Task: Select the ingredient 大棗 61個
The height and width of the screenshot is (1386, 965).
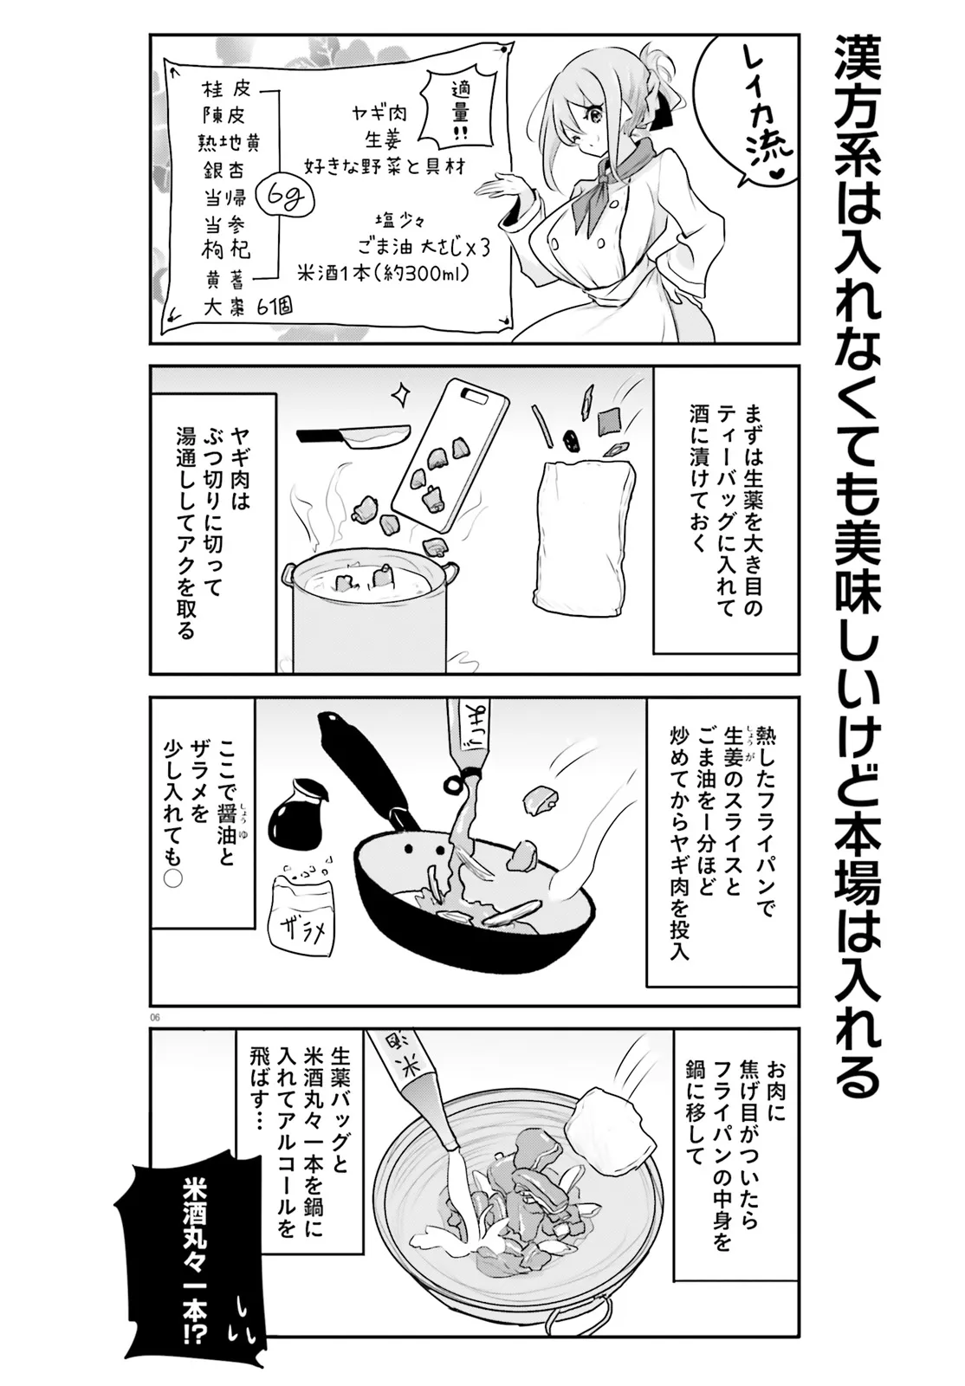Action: click(x=245, y=307)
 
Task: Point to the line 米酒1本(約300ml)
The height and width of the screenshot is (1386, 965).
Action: click(x=381, y=272)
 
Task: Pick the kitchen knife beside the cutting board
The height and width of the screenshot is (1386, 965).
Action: click(x=353, y=436)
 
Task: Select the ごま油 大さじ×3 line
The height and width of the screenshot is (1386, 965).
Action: click(x=424, y=248)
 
